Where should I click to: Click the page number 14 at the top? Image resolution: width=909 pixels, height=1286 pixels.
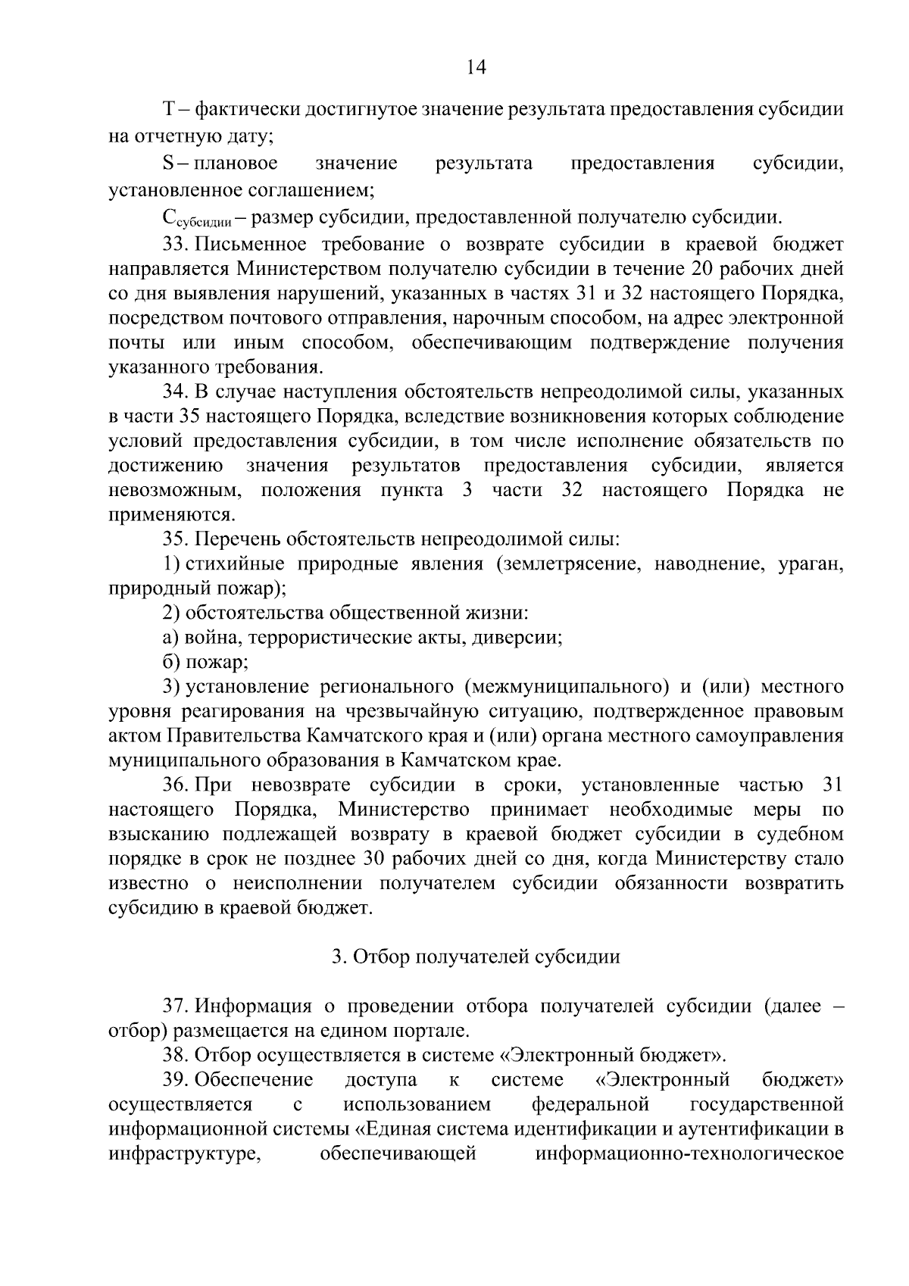pyautogui.click(x=476, y=67)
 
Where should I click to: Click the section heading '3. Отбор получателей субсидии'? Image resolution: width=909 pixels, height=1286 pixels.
pyautogui.click(x=476, y=957)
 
